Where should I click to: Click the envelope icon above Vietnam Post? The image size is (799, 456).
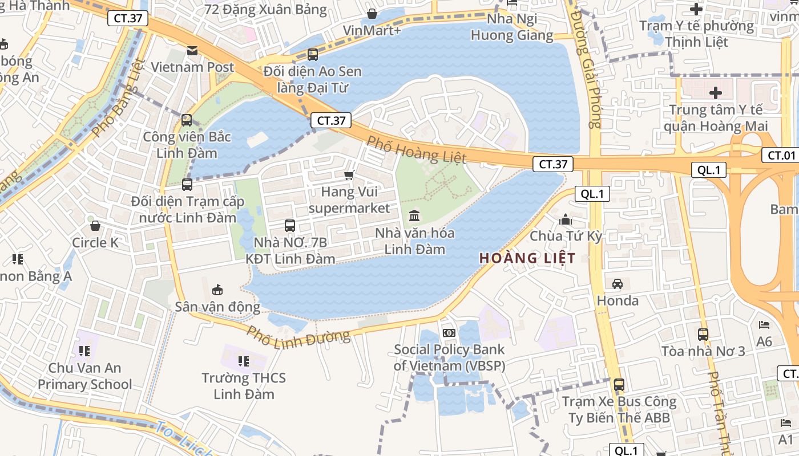coord(192,51)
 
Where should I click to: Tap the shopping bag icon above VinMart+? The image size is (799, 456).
coord(372,14)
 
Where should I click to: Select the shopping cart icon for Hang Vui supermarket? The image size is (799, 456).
coord(349,175)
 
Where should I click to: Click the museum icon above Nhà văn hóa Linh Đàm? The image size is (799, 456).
coord(414,216)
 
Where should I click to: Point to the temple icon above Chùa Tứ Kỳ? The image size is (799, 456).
coord(566,219)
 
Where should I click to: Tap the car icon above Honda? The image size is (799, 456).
coord(617,283)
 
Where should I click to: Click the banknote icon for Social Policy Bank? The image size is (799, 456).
coord(449,332)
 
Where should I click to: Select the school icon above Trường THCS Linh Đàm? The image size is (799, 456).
coord(244,361)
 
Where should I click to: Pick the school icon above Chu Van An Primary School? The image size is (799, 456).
coord(84,351)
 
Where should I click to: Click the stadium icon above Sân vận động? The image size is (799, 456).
coord(217,290)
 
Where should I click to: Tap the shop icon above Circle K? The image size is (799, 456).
coord(95,226)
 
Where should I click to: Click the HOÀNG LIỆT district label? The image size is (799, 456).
coord(527,258)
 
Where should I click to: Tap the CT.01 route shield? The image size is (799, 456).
coord(781,155)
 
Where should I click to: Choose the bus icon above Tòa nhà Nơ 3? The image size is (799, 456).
coord(703,334)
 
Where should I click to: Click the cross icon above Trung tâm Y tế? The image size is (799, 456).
coord(715,92)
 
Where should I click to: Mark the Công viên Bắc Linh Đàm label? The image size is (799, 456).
coord(187,145)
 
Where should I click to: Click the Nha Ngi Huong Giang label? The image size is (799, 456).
coord(512,27)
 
